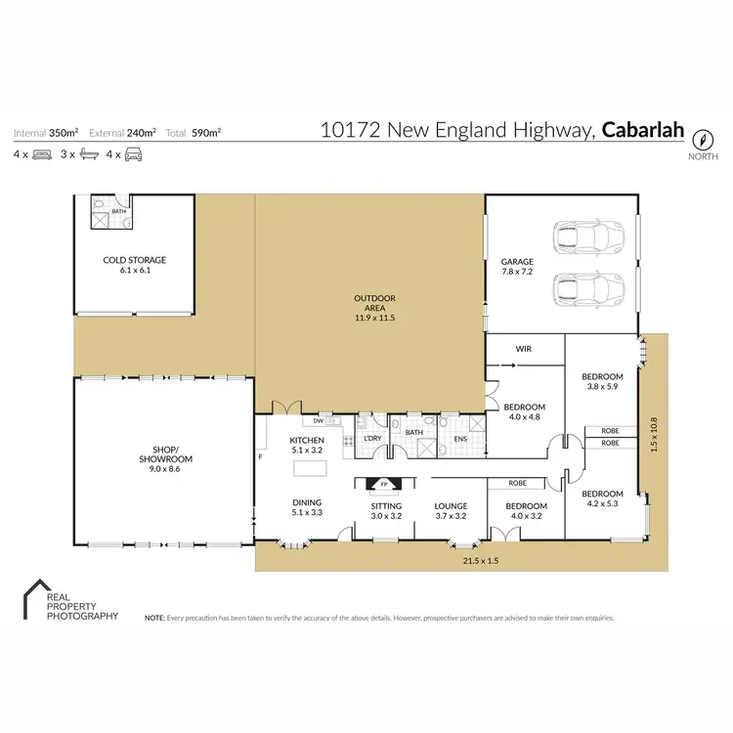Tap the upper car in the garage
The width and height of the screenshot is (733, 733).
point(587,237)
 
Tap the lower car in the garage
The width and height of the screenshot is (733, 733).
point(587,290)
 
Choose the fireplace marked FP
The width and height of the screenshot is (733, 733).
point(384,483)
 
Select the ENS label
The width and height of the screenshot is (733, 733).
point(460,440)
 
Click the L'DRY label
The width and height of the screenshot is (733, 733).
point(371,438)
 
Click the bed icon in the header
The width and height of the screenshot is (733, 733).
point(43,154)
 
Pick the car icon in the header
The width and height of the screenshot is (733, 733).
point(134,154)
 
